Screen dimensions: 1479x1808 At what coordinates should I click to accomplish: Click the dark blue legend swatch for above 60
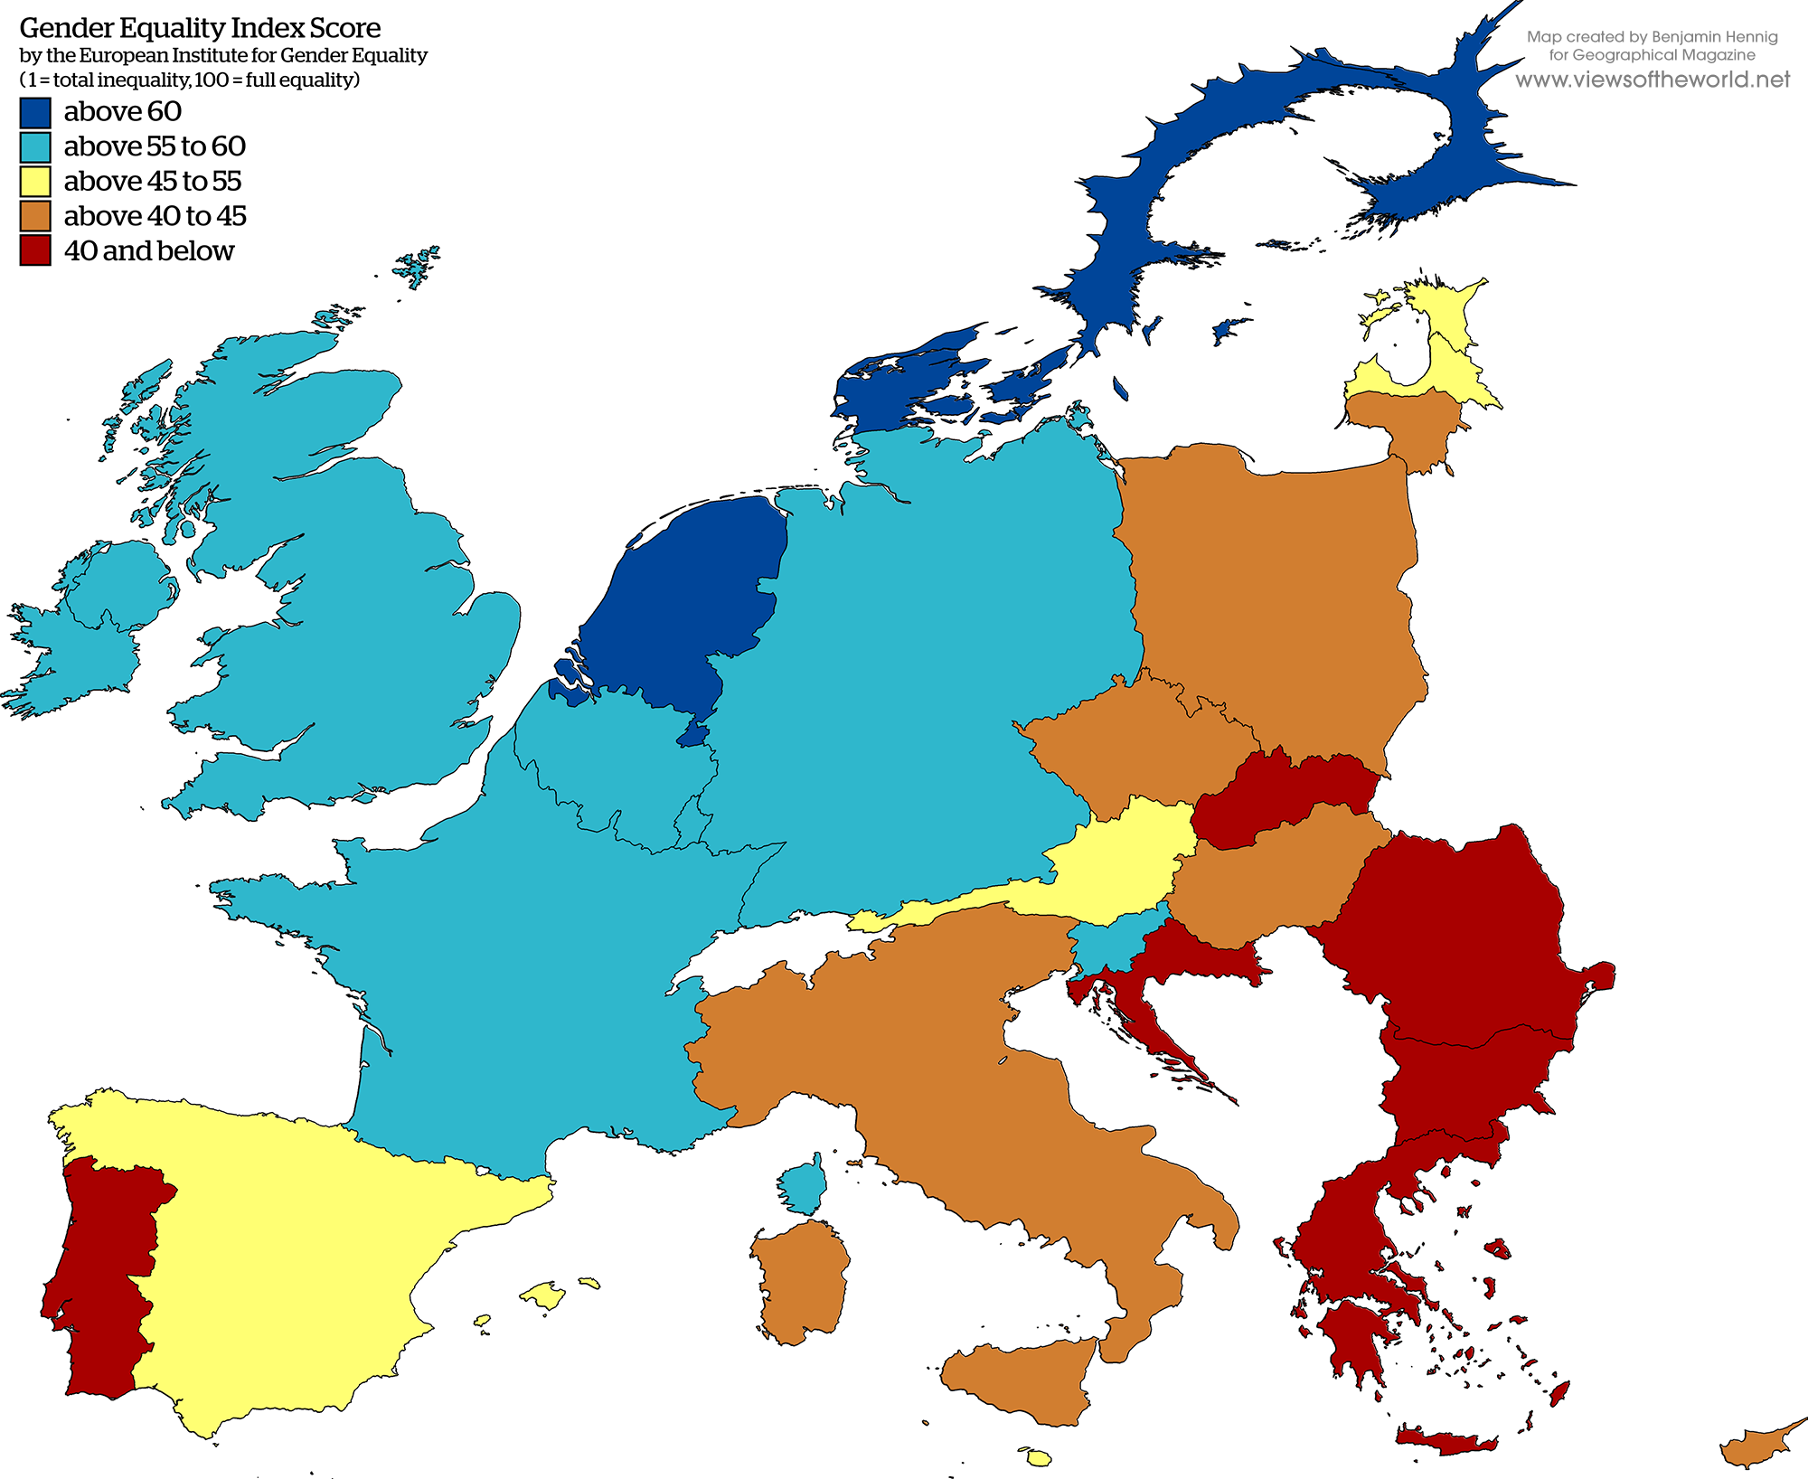pos(35,113)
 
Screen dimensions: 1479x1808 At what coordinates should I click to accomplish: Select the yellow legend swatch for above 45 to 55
pos(35,182)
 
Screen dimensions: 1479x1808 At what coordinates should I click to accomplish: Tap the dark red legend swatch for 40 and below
pos(35,250)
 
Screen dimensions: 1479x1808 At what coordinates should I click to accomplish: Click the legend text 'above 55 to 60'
pos(154,146)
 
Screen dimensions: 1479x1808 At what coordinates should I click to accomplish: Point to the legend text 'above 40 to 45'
pos(155,216)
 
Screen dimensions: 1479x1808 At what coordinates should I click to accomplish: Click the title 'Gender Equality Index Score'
pos(200,28)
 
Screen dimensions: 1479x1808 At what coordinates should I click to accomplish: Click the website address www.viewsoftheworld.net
pos(1652,80)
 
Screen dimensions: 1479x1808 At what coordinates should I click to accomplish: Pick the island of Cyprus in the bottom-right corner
pos(1758,1446)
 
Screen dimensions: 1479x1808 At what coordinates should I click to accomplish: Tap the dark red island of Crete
pos(1446,1441)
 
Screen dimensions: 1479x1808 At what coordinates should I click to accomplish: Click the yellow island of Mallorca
pos(543,1295)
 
